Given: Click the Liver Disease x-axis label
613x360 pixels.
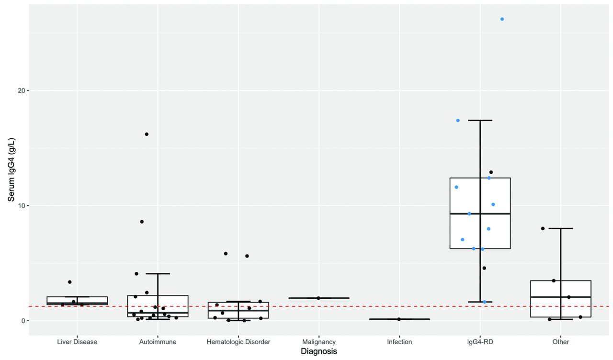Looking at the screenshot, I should pyautogui.click(x=77, y=342).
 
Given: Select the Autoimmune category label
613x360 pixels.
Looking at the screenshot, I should pyautogui.click(x=158, y=342).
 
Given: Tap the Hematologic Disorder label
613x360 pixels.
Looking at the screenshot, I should pyautogui.click(x=238, y=342).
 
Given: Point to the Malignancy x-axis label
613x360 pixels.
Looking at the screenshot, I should pyautogui.click(x=319, y=342).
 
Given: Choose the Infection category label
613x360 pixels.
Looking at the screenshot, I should pyautogui.click(x=399, y=342).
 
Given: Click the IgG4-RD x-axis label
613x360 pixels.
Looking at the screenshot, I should pyautogui.click(x=480, y=342).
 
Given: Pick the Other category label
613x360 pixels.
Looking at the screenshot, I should pyautogui.click(x=560, y=342).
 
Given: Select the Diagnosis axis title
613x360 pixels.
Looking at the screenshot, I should pyautogui.click(x=318, y=352).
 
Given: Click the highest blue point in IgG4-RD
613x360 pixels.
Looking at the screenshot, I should pyautogui.click(x=502, y=19).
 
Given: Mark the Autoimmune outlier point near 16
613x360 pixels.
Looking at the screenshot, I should pyautogui.click(x=147, y=134).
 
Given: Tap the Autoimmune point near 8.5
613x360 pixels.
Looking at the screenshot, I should pyautogui.click(x=142, y=222).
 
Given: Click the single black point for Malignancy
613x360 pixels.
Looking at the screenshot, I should pyautogui.click(x=318, y=298).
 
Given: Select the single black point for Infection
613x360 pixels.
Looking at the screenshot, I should pyautogui.click(x=399, y=319).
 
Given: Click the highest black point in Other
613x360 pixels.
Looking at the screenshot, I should pyautogui.click(x=543, y=228).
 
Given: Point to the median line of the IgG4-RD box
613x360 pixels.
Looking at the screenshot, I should pyautogui.click(x=480, y=214).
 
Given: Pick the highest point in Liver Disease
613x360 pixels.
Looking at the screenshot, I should pyautogui.click(x=69, y=282).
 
